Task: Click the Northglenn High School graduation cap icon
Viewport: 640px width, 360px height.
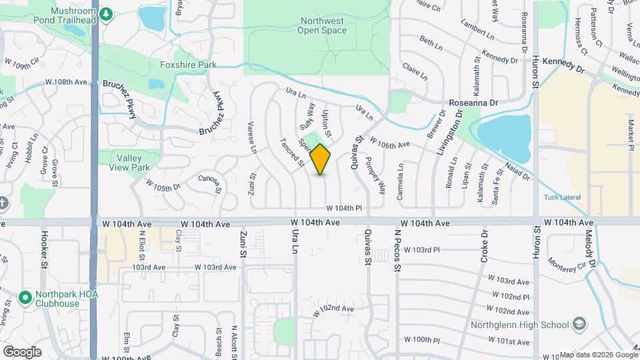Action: tap(579, 325)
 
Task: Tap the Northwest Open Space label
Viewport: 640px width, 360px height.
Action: tap(321, 25)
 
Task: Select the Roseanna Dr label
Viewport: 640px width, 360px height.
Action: tap(473, 103)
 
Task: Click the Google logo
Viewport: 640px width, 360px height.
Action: tap(22, 351)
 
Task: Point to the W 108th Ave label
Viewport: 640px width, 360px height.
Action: tap(67, 83)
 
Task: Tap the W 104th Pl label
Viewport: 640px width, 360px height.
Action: tap(348, 209)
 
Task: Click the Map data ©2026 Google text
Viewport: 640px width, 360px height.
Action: tap(598, 355)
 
